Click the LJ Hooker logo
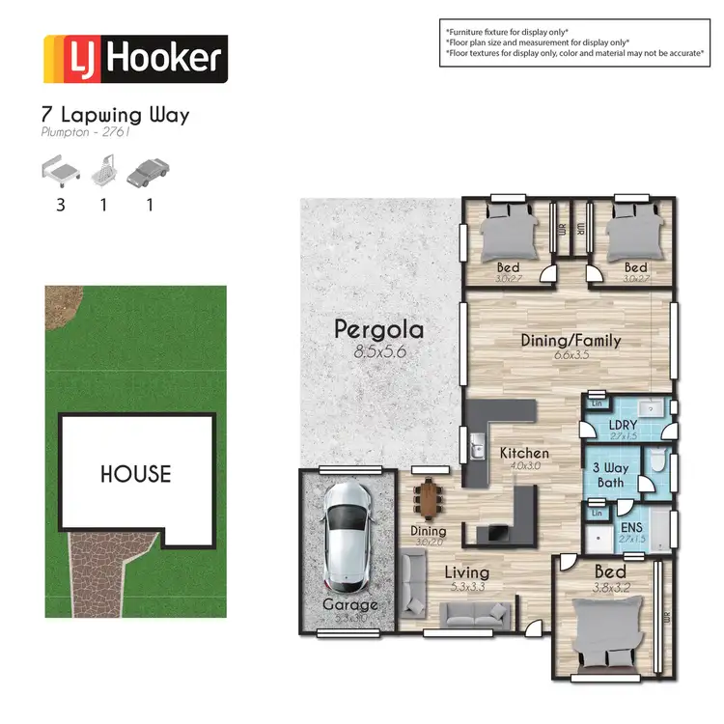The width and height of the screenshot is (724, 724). [x=135, y=59]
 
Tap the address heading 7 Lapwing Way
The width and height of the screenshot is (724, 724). [x=117, y=116]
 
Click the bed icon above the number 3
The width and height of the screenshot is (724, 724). [x=60, y=173]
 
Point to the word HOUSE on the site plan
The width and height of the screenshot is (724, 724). [x=136, y=474]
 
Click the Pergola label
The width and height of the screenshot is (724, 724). [x=379, y=329]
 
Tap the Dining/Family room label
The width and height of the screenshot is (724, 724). [x=571, y=341]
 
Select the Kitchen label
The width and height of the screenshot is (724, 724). [x=523, y=453]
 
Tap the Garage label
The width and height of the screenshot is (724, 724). [x=349, y=605]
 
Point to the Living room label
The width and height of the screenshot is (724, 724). [x=467, y=572]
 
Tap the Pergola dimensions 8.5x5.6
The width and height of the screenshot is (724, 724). [x=378, y=352]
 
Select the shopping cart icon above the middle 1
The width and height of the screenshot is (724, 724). [x=103, y=174]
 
